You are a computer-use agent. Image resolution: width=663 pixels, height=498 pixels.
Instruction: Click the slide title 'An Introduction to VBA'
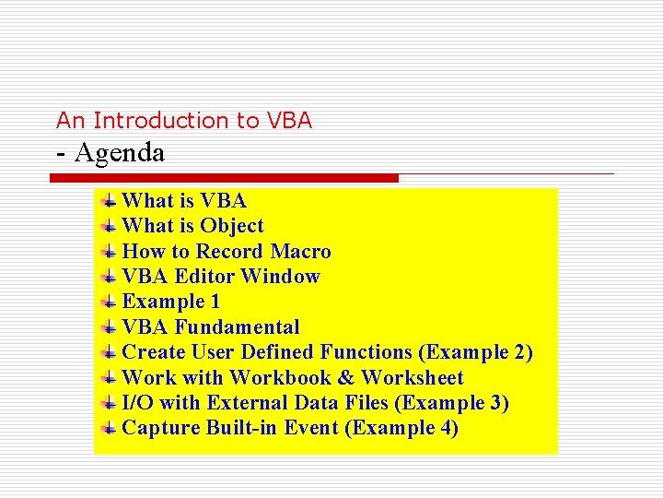(184, 120)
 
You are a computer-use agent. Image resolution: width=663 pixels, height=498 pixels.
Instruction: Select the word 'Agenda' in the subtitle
(120, 152)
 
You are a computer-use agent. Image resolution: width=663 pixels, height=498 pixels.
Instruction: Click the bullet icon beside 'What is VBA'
(109, 200)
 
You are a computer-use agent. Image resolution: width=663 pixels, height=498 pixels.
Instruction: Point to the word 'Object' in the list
(232, 226)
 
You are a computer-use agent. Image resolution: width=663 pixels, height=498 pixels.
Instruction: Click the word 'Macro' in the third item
(301, 252)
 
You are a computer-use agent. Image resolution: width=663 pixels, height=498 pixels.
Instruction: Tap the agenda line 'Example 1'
(170, 302)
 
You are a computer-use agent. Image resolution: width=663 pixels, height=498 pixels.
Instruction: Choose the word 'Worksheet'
(412, 378)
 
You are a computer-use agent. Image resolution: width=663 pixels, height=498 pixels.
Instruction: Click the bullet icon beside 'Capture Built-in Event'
(109, 428)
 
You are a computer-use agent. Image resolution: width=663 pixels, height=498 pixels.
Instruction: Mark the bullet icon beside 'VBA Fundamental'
(109, 327)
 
